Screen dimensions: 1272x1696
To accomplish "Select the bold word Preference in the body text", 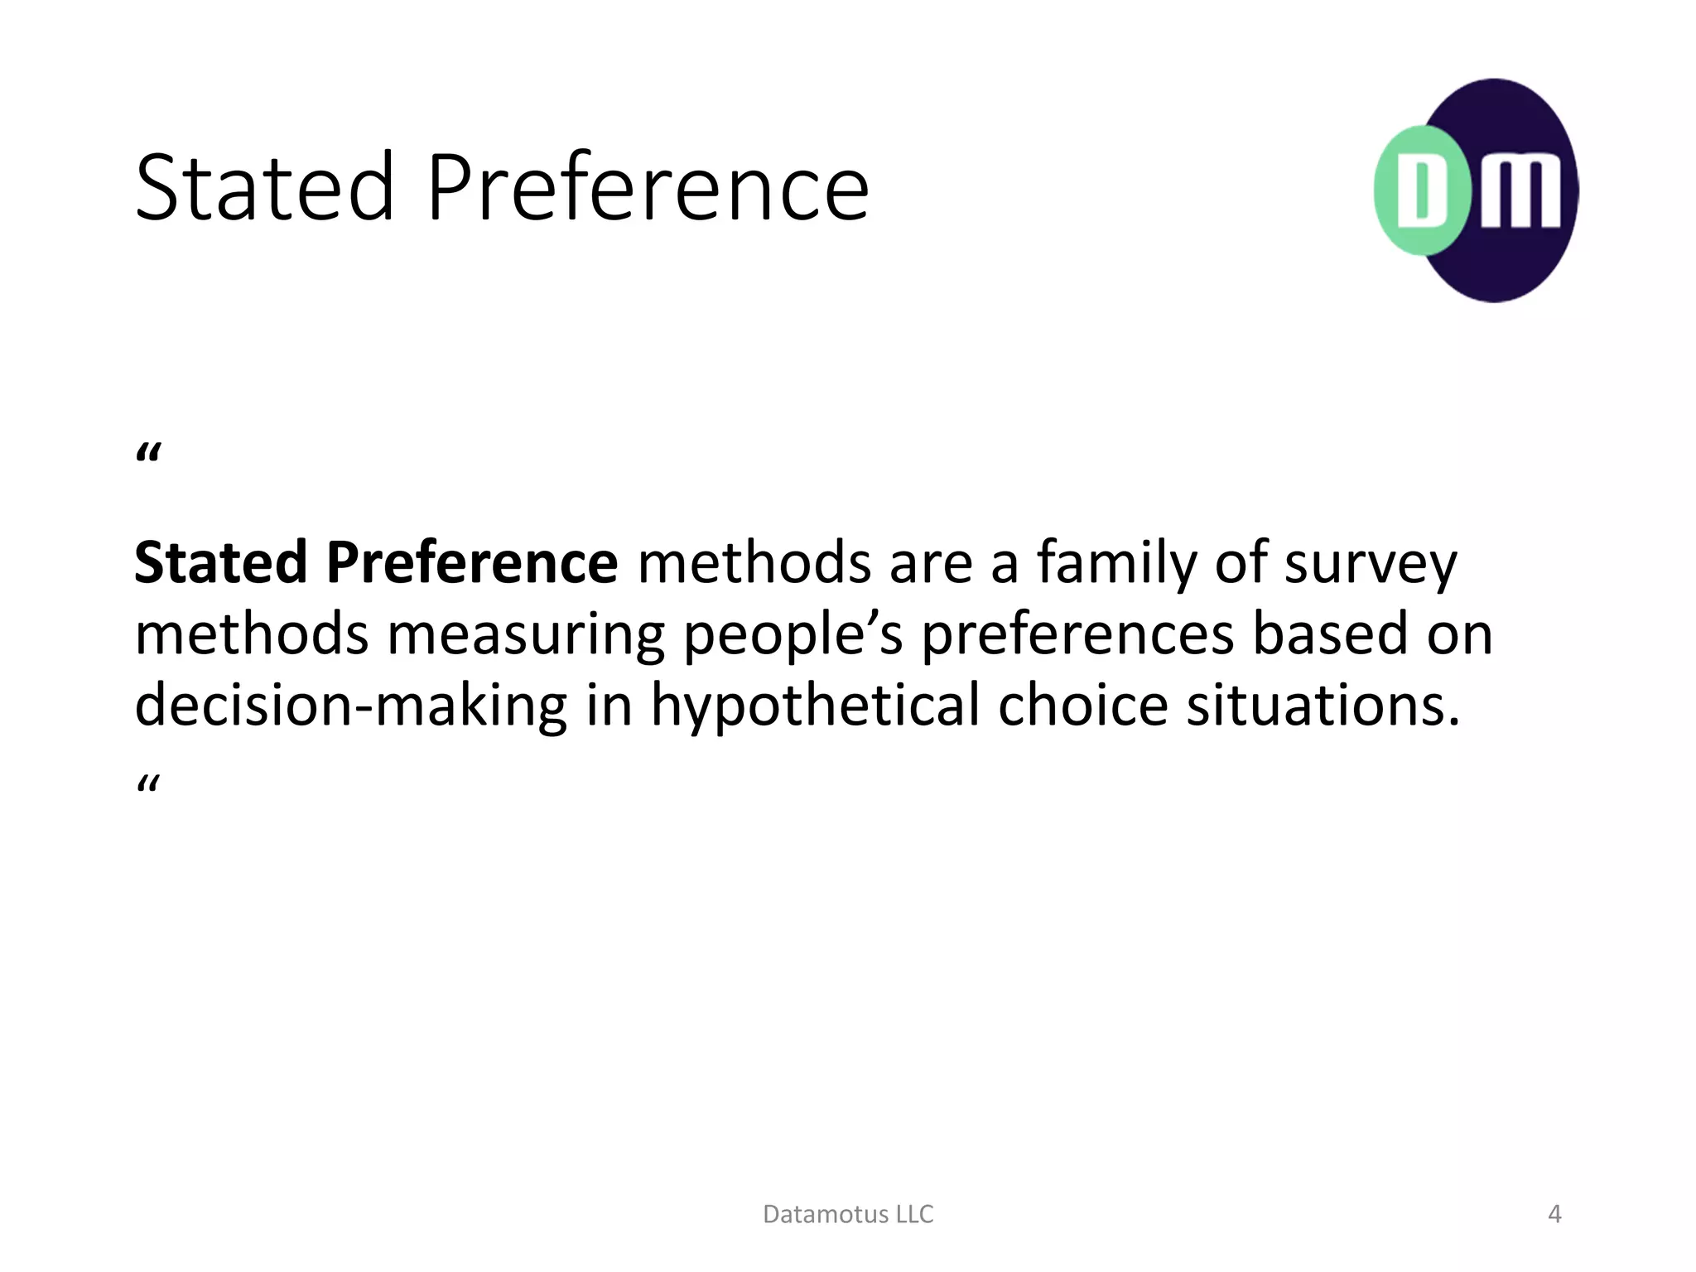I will tap(472, 562).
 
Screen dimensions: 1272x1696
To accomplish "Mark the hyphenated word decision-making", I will tap(350, 706).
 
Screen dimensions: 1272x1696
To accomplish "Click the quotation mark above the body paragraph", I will tap(148, 455).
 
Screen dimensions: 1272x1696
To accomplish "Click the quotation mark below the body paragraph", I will tap(148, 783).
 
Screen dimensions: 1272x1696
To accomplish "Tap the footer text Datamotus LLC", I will tap(848, 1214).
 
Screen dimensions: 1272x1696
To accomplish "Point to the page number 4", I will tap(1554, 1214).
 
